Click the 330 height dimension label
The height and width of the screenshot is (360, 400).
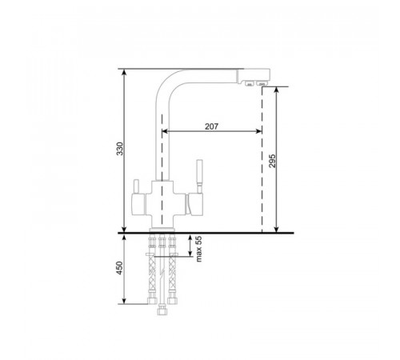(x=120, y=149)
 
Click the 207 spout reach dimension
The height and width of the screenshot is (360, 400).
(x=211, y=126)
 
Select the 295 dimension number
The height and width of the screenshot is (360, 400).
(x=272, y=161)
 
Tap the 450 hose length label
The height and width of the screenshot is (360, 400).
(x=120, y=268)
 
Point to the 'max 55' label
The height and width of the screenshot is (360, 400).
(x=198, y=249)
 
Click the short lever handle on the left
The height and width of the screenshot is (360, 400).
(x=136, y=186)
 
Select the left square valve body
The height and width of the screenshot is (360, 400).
(x=138, y=204)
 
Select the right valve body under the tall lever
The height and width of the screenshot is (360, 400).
(x=195, y=204)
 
